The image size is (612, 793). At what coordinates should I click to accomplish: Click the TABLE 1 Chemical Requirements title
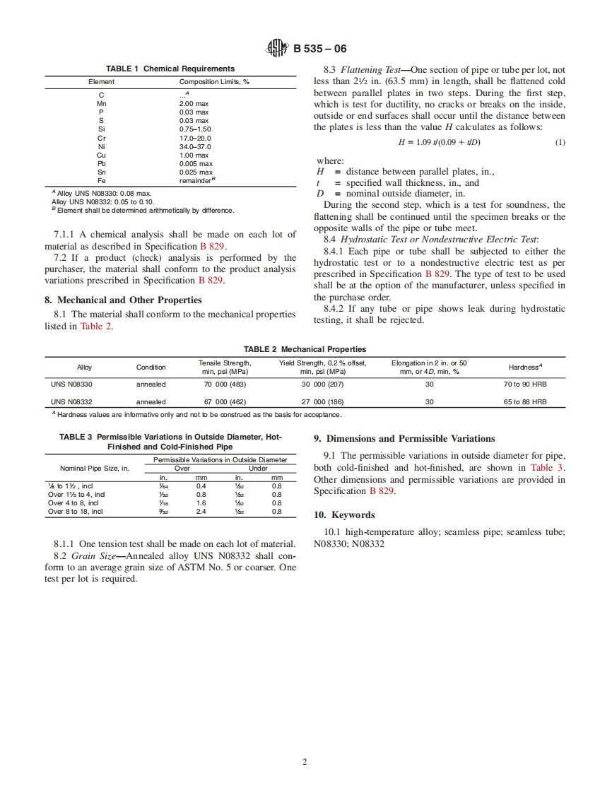(170, 69)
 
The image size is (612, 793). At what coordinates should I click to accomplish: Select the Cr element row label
(101, 139)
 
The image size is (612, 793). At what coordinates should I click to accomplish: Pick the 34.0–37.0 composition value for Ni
(194, 147)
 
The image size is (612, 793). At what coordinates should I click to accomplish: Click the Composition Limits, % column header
(214, 82)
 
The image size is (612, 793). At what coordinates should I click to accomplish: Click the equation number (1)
(560, 142)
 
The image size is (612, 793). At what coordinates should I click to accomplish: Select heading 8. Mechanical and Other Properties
(119, 300)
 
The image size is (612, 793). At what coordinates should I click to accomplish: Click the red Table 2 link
(97, 326)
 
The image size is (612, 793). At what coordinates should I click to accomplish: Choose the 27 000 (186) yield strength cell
(322, 402)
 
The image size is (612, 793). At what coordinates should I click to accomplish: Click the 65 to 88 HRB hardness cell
(525, 402)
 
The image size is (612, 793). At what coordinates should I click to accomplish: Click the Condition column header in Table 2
(151, 368)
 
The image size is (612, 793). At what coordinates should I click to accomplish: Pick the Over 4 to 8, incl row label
(73, 503)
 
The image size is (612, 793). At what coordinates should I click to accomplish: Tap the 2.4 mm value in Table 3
(201, 512)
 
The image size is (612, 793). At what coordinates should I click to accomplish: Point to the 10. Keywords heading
(344, 515)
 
